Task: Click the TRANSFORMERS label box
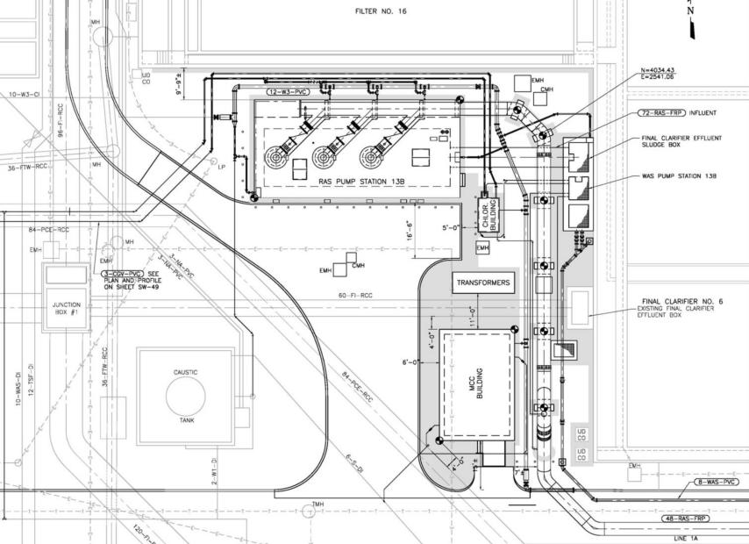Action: coord(481,283)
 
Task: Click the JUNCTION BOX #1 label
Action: coord(67,309)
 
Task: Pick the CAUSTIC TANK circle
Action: coord(186,396)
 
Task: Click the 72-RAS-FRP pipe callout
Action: coord(661,114)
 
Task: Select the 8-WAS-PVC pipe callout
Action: coord(717,483)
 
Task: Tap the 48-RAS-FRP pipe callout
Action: coord(685,519)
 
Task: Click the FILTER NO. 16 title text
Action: coord(380,12)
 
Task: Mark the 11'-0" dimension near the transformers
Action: coord(471,315)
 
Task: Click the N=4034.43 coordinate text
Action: coord(657,70)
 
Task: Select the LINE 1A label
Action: coord(686,537)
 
